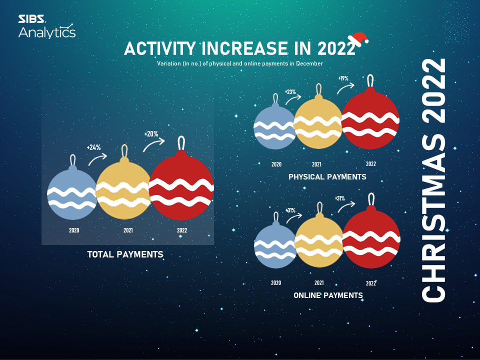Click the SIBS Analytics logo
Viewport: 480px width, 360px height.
[47, 26]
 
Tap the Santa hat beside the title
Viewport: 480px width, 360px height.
[358, 39]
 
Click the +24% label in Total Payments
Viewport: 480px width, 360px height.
[93, 147]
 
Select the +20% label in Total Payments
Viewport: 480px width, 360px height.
[151, 134]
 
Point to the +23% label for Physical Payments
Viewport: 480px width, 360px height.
[290, 92]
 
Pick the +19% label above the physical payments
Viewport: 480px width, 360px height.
[343, 78]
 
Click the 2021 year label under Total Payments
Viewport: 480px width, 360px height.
[128, 230]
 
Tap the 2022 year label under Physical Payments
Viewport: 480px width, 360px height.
[370, 164]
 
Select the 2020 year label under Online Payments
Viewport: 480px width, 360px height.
[276, 283]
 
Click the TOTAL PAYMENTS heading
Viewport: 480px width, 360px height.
[125, 254]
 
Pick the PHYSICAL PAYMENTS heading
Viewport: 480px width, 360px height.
[327, 177]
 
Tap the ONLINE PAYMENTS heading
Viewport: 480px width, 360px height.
[328, 295]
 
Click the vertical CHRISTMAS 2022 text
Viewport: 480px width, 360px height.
[433, 180]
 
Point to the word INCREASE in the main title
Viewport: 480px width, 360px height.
[244, 48]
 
